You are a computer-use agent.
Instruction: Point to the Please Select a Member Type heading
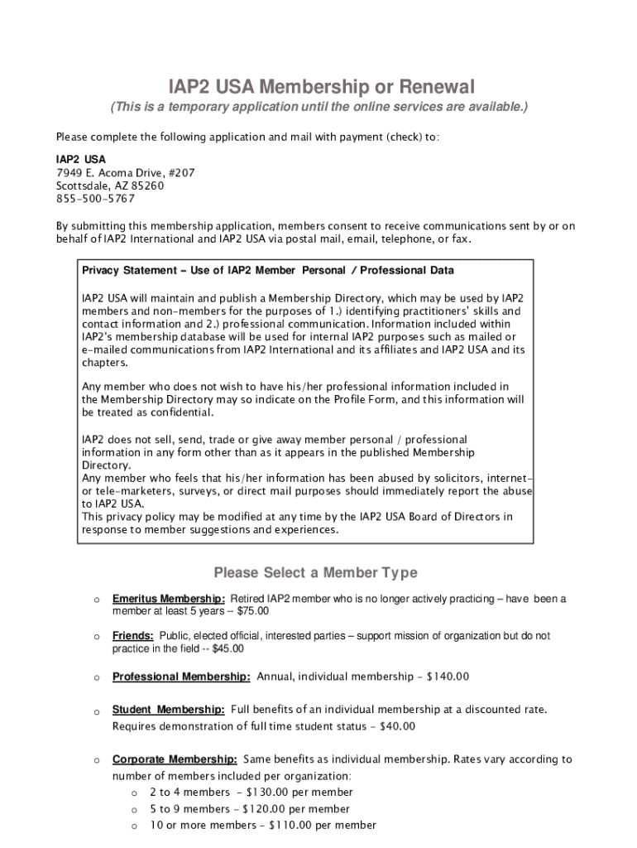315,572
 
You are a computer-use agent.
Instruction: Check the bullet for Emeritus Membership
97,599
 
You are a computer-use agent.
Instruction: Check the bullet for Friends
97,636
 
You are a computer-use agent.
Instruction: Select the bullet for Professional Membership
97,677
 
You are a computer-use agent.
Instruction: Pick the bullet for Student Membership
97,711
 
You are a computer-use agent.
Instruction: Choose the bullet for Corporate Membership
97,759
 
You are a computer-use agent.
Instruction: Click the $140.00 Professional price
448,677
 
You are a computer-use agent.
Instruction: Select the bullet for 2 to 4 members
134,793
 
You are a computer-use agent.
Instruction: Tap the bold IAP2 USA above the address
80,159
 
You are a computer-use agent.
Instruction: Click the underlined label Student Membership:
168,710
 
